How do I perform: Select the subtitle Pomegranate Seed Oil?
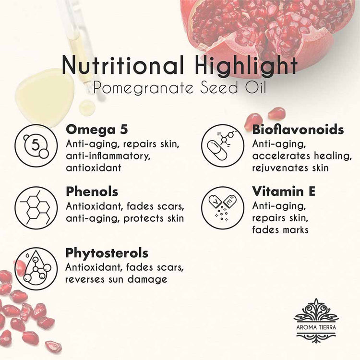[x=180, y=88]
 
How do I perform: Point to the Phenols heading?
[x=92, y=192]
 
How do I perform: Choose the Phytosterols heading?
[x=107, y=253]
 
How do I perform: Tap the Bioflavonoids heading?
[x=298, y=130]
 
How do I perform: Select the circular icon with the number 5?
[x=36, y=145]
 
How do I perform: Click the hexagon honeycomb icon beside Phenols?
[x=36, y=207]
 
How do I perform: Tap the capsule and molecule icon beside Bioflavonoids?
[x=222, y=145]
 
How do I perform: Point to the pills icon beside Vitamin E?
[x=222, y=207]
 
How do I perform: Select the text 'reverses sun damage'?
[x=116, y=279]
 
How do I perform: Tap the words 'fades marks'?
[x=280, y=229]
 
